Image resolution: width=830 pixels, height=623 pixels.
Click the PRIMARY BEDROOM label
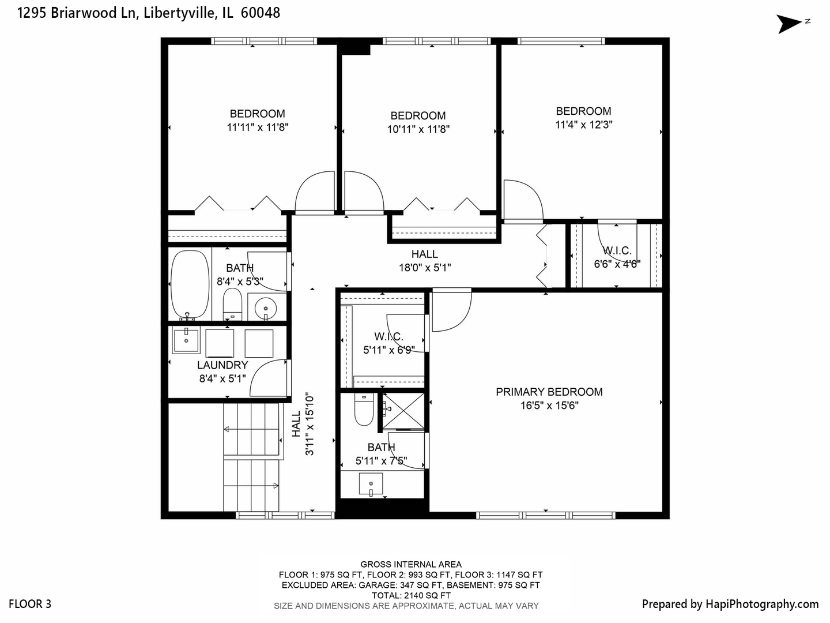click(549, 392)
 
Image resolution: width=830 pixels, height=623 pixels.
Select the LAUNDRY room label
click(222, 365)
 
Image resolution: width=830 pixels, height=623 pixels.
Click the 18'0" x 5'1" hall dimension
click(425, 268)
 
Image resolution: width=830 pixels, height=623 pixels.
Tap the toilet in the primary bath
click(364, 411)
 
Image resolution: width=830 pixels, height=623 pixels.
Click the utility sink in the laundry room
click(186, 340)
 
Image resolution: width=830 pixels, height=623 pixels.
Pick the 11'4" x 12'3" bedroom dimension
click(583, 125)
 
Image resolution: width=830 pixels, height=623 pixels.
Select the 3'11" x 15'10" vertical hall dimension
click(310, 425)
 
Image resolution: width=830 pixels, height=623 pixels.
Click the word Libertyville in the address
click(179, 13)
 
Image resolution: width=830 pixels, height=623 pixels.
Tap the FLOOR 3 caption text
click(30, 604)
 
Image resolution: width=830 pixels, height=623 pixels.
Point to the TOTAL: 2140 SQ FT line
click(410, 595)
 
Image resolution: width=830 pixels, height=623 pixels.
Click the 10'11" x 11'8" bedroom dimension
click(418, 130)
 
